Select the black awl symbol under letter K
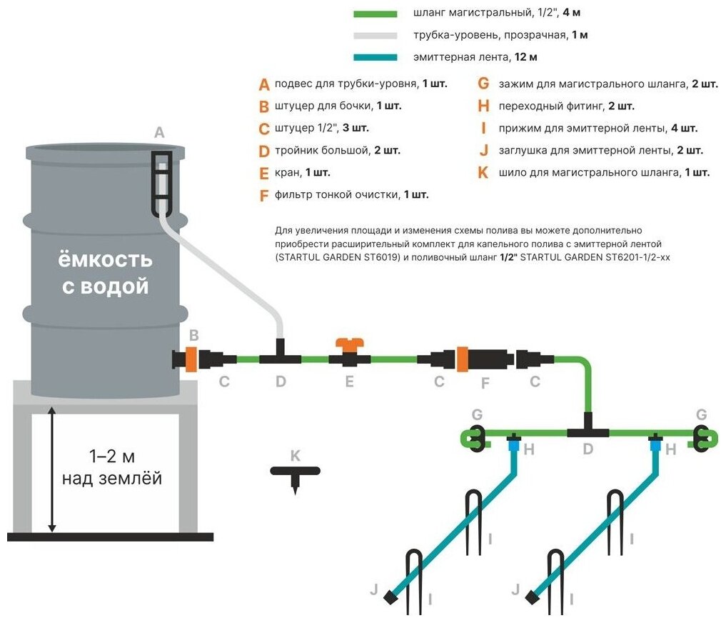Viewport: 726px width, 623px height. pyautogui.click(x=295, y=475)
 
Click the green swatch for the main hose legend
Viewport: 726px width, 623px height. pyautogui.click(x=375, y=14)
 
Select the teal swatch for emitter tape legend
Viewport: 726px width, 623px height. pyautogui.click(x=375, y=57)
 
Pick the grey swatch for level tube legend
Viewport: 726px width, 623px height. pyautogui.click(x=375, y=35)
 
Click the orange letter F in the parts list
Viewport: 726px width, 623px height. pyautogui.click(x=264, y=195)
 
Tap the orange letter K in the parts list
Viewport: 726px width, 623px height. pyautogui.click(x=483, y=173)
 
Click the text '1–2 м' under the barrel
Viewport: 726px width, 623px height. pyautogui.click(x=111, y=455)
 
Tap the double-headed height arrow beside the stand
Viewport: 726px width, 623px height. pyautogui.click(x=51, y=469)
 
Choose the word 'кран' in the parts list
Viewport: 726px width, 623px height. pyautogui.click(x=287, y=173)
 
